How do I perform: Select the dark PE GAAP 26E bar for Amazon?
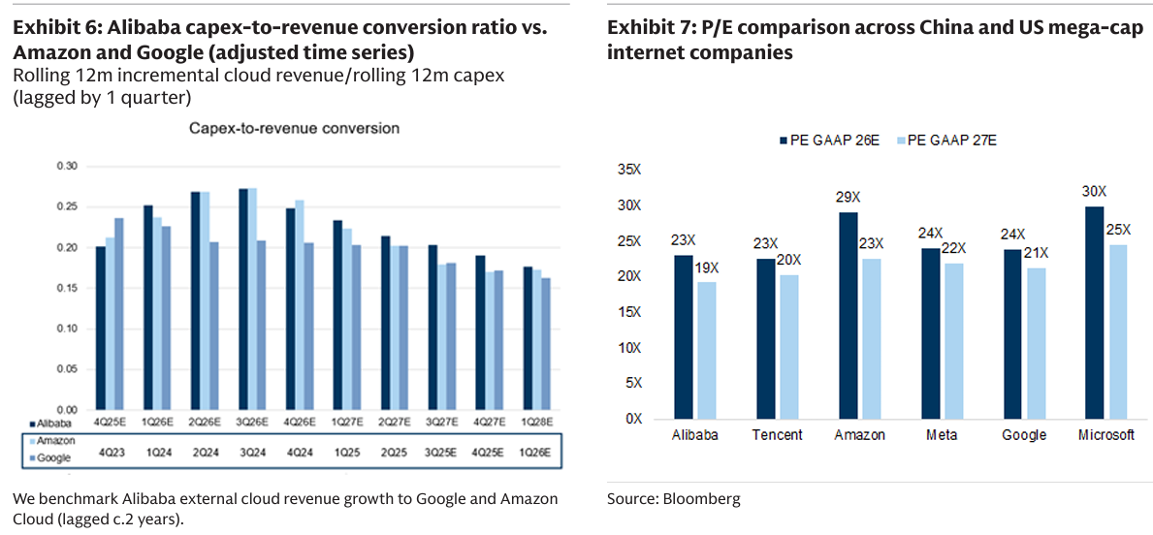pos(849,315)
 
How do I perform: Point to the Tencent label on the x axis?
pos(777,435)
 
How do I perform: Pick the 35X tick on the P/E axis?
pos(630,170)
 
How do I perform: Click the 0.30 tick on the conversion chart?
pos(66,167)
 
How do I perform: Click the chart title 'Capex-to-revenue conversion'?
pos(294,128)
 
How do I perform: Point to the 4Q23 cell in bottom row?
pos(111,452)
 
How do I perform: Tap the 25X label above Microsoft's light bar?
pos(1119,229)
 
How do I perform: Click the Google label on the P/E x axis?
pos(1025,435)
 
